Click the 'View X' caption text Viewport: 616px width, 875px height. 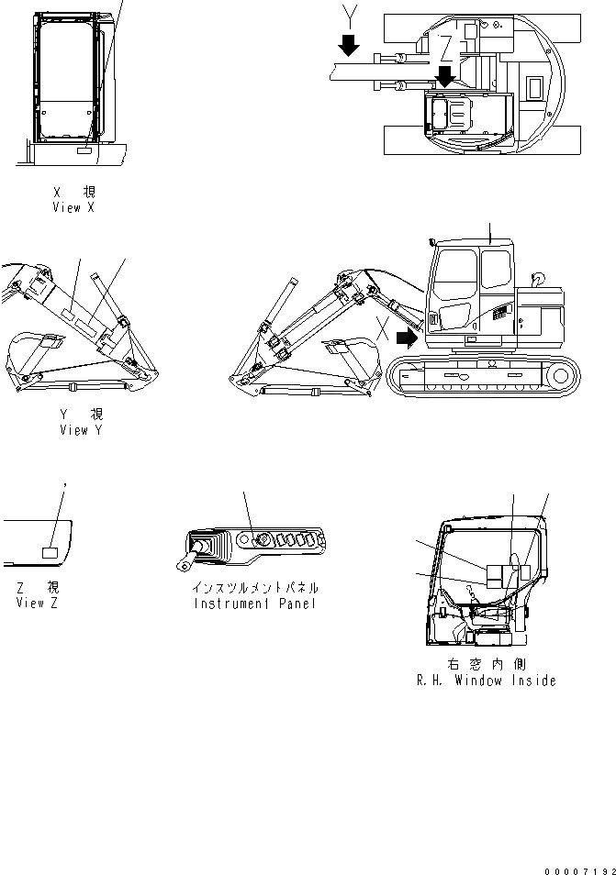pyautogui.click(x=73, y=208)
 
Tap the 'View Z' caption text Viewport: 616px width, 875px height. pyautogui.click(x=37, y=603)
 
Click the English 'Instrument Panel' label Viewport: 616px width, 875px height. pyautogui.click(x=254, y=604)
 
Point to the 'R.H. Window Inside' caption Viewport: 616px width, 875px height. pyautogui.click(x=485, y=681)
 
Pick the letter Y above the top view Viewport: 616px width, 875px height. pyautogui.click(x=347, y=13)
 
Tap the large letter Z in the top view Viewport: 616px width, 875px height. pyautogui.click(x=445, y=46)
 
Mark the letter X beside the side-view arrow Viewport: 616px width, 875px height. pyautogui.click(x=382, y=324)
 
